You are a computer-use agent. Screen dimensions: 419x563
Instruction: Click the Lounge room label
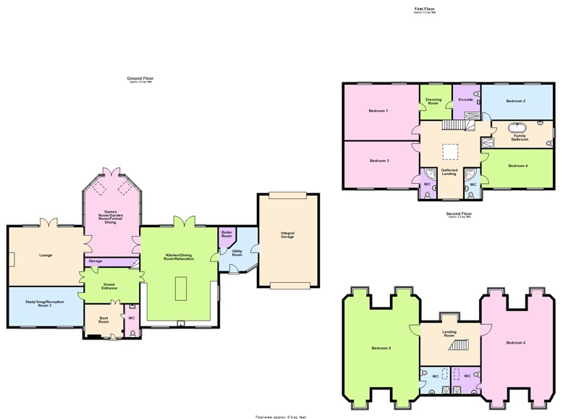click(x=41, y=255)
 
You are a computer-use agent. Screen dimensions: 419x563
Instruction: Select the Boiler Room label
click(x=227, y=235)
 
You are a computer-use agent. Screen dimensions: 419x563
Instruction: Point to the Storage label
click(x=96, y=261)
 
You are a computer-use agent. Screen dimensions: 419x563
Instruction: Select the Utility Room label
click(x=237, y=253)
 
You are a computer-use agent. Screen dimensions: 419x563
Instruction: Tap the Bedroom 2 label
click(x=515, y=101)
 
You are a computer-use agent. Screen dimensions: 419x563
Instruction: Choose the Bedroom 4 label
click(x=517, y=166)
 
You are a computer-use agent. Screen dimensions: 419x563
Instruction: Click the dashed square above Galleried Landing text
click(x=450, y=151)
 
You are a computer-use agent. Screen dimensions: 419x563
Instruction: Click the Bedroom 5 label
click(x=381, y=348)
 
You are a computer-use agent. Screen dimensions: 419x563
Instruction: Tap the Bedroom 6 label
click(x=515, y=342)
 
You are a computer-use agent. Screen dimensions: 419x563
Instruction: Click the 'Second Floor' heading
click(x=459, y=213)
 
